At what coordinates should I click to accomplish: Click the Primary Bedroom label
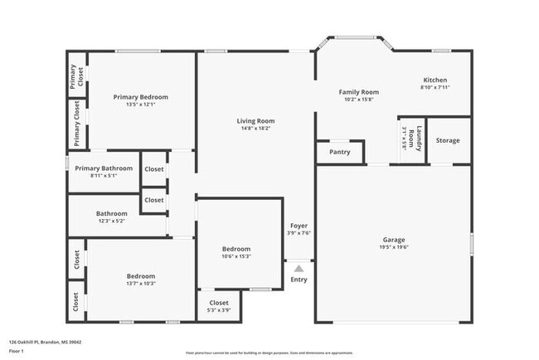point(140,97)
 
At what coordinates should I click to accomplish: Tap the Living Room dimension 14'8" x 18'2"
point(255,129)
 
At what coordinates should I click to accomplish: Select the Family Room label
point(359,92)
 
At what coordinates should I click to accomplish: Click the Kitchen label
point(435,80)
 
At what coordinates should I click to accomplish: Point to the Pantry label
point(339,152)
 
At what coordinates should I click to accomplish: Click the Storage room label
point(448,140)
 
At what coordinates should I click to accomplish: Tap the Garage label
point(393,239)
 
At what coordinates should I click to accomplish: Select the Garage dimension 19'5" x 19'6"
point(393,246)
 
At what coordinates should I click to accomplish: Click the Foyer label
point(299,226)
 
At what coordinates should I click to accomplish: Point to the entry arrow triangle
point(299,267)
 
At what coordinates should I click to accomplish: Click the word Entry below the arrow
point(299,280)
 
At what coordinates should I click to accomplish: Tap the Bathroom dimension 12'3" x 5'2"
point(111,221)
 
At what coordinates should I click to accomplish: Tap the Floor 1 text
point(17,351)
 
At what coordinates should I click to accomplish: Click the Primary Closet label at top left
point(74,77)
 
